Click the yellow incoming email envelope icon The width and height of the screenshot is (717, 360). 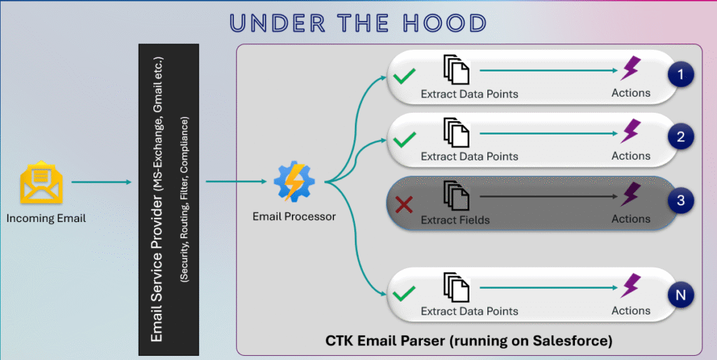41,182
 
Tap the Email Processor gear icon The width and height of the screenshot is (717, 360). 294,181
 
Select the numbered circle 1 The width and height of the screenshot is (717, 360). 681,74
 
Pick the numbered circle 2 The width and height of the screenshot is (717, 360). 681,137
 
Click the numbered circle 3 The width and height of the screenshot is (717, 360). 681,200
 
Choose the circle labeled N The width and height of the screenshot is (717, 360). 681,295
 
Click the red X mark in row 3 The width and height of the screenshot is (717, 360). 404,205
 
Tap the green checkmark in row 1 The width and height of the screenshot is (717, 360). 404,76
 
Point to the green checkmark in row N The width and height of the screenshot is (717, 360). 404,293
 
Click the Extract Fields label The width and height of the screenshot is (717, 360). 455,220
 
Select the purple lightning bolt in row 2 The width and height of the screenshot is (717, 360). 631,131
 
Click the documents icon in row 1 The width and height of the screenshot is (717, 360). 457,69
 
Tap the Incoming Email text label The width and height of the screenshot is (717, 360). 46,219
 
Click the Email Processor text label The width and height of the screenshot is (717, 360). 294,216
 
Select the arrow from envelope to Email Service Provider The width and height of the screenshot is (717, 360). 102,182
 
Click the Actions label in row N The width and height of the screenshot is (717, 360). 631,310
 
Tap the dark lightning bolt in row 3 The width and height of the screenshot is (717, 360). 631,195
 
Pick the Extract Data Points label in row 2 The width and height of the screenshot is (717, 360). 469,156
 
